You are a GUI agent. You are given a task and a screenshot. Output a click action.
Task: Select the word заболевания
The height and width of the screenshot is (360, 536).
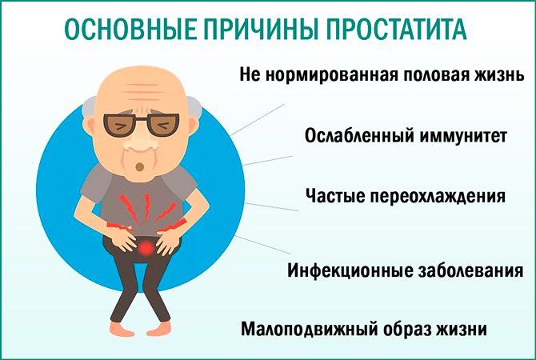468,270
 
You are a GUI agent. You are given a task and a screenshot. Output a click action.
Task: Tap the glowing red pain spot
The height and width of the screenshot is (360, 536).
145,251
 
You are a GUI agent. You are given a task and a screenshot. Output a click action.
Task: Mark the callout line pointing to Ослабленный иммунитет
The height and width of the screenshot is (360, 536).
261,158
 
